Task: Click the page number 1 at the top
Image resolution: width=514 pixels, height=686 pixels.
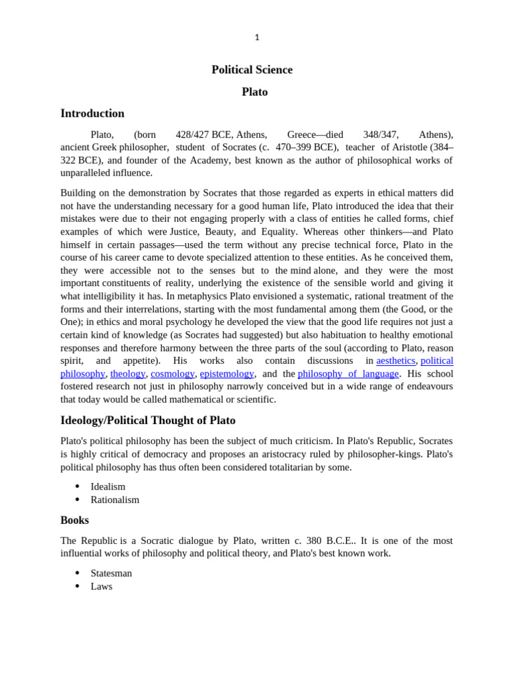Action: tap(257, 38)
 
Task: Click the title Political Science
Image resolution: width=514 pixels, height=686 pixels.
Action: tap(252, 70)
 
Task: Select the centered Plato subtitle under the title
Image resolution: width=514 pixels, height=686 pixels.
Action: tap(254, 92)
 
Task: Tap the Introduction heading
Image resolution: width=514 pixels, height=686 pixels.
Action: tap(92, 113)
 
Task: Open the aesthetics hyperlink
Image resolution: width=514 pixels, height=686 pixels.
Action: tap(396, 360)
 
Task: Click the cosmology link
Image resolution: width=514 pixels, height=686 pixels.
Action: tap(173, 374)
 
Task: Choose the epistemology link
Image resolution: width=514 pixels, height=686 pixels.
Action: tap(227, 374)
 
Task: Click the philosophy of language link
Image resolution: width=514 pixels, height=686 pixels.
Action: tap(348, 374)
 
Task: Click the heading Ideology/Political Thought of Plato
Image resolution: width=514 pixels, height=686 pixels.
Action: tap(148, 421)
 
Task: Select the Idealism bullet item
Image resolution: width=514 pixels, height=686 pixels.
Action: tap(108, 486)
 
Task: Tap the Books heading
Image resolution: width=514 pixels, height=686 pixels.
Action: tap(74, 521)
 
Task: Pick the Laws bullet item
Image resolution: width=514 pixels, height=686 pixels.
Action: tap(102, 586)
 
